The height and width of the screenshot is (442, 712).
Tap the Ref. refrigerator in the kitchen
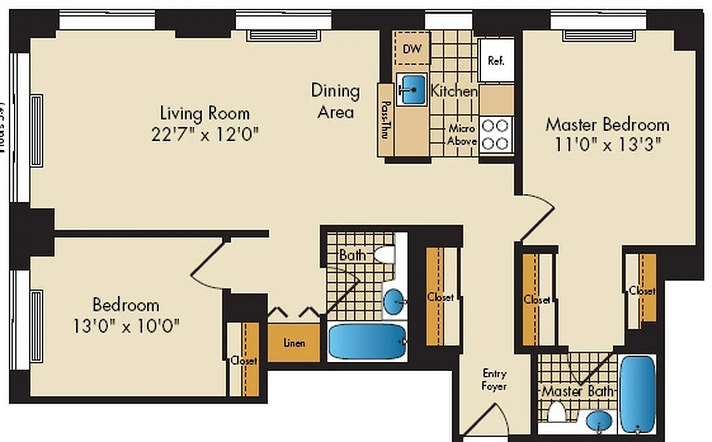coord(496,60)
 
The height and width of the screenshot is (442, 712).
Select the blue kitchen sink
coord(412,89)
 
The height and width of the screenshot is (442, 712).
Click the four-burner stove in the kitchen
coord(495,134)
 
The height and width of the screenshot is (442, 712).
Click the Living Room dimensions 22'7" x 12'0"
coord(205,135)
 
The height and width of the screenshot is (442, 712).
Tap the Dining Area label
coord(336,101)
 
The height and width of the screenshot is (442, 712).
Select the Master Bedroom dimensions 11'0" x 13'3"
coord(608,145)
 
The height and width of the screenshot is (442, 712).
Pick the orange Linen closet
coord(294,343)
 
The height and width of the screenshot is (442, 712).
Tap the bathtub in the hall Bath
coord(368,342)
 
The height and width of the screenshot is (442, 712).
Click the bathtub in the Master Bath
coord(638,394)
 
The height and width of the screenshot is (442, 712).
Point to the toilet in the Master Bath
coord(557,412)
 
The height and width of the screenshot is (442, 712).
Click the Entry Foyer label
coord(494,380)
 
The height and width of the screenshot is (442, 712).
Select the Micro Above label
coord(461,135)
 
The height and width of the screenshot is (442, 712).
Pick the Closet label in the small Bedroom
coord(244,361)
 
